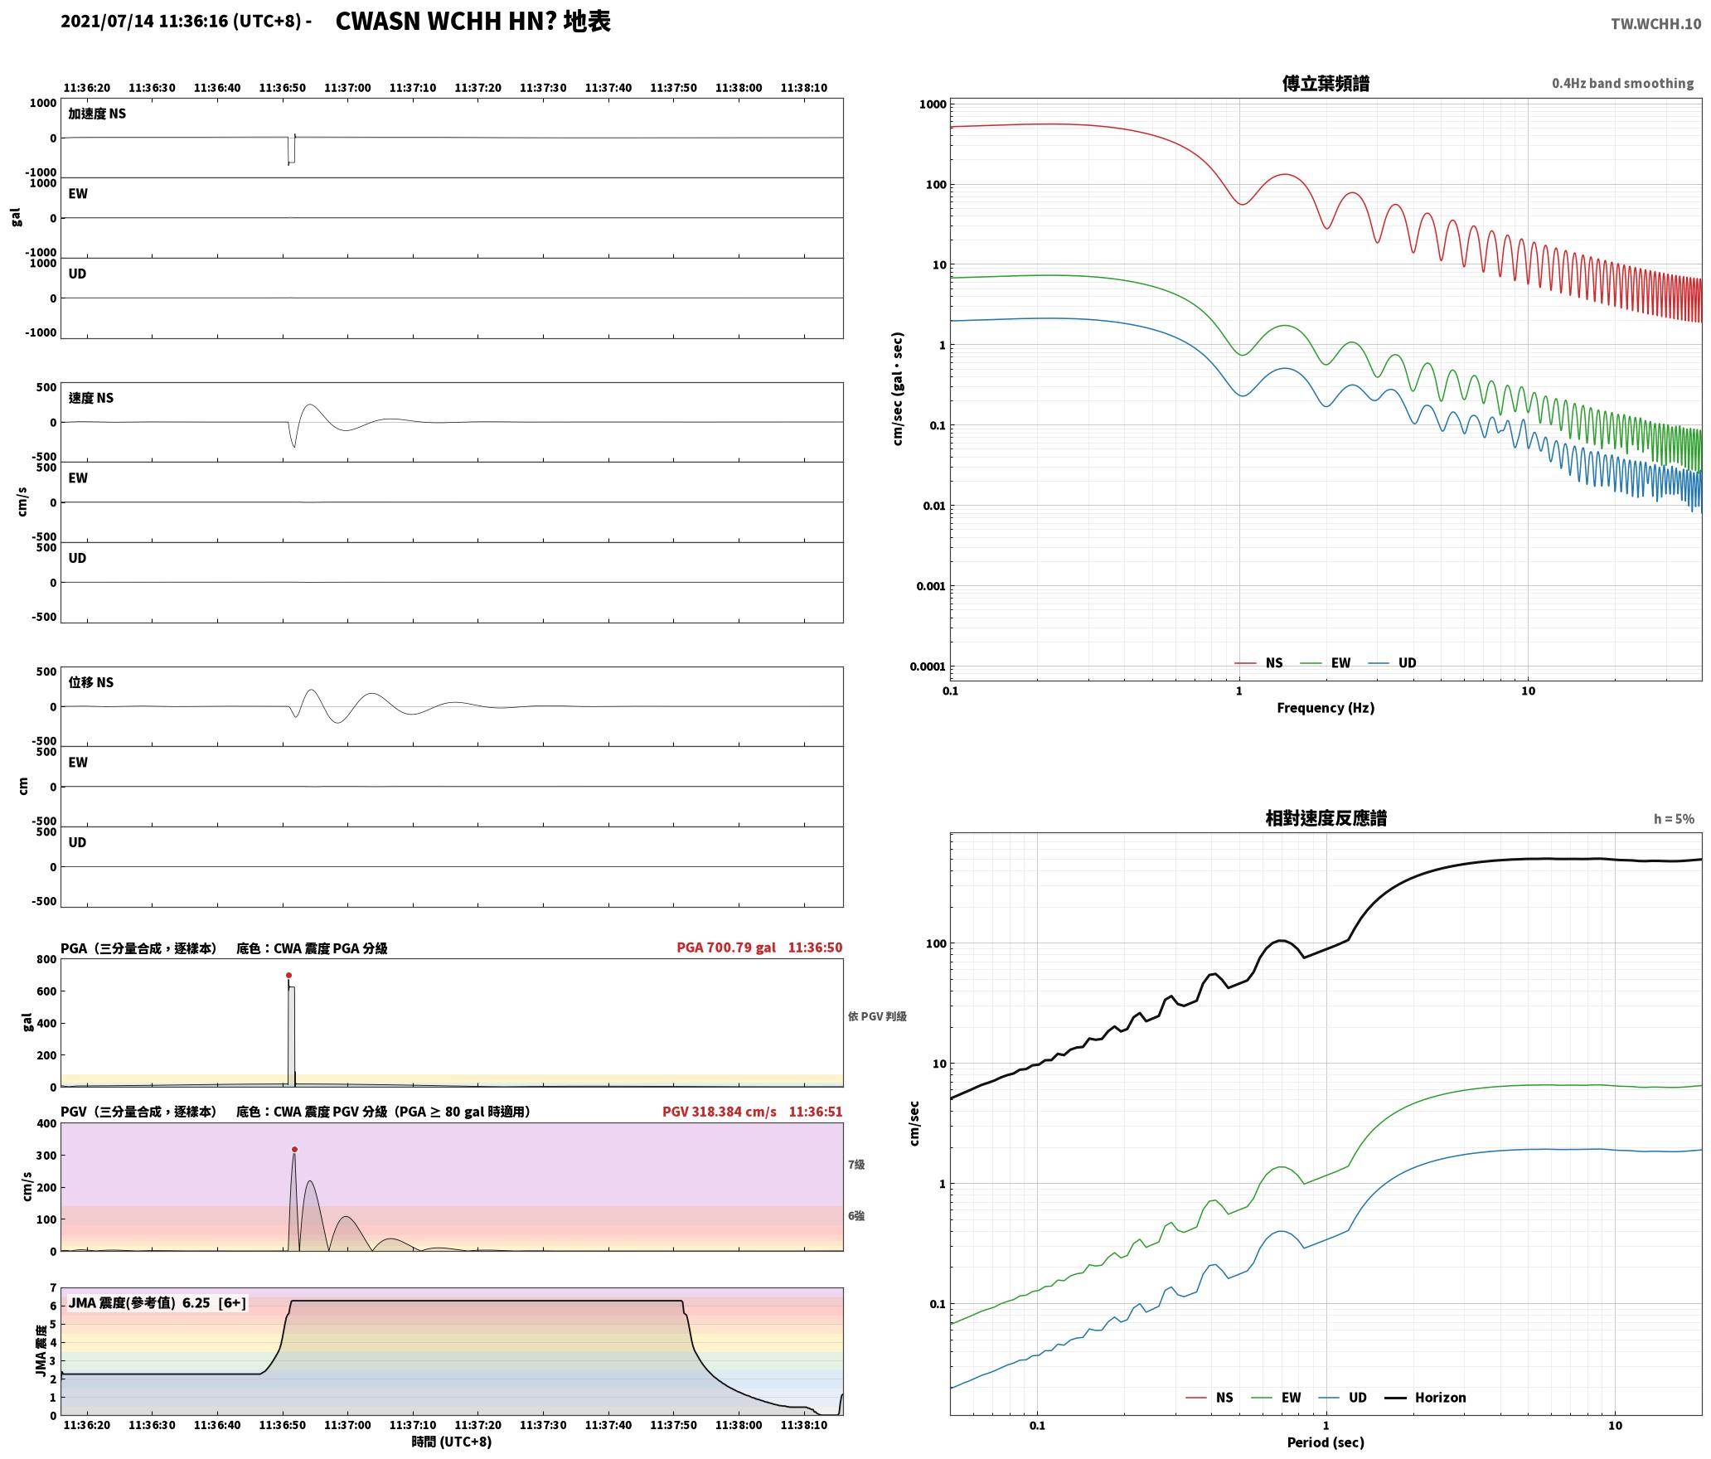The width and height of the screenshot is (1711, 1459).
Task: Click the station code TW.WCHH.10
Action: point(1655,24)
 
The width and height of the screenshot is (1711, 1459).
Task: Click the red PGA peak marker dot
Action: point(288,975)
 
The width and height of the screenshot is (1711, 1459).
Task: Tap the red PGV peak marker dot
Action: point(294,1149)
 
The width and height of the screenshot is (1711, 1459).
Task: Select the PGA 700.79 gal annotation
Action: point(726,947)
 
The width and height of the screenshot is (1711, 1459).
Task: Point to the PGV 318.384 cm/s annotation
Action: point(720,1111)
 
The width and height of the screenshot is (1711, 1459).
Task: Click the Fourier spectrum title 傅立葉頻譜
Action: point(1326,83)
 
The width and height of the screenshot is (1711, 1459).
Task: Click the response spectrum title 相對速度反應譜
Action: point(1326,817)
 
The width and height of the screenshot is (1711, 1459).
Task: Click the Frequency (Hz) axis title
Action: point(1326,707)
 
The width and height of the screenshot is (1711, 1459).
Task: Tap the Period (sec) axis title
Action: point(1326,1442)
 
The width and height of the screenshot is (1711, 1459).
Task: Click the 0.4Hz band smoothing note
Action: point(1622,83)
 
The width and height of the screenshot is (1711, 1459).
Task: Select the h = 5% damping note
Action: point(1674,818)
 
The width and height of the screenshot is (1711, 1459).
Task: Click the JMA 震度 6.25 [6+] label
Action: point(158,1302)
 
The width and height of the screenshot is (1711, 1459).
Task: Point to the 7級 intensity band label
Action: point(855,1164)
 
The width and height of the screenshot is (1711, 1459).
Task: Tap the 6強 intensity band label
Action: point(855,1215)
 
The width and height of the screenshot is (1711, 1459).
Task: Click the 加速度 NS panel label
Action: point(97,114)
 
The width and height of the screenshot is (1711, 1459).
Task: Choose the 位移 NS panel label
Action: point(91,682)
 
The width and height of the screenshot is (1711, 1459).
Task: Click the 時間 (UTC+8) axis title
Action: point(452,1442)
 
